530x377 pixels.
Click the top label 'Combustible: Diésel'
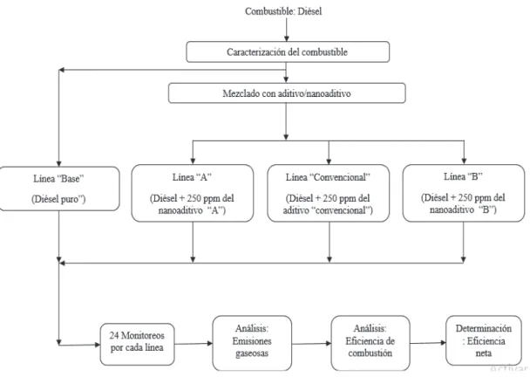pyautogui.click(x=283, y=11)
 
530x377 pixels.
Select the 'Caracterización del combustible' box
pyautogui.click(x=288, y=51)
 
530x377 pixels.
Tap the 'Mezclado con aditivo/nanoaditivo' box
pyautogui.click(x=287, y=93)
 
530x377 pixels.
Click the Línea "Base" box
pyautogui.click(x=59, y=188)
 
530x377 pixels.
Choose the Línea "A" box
pyautogui.click(x=193, y=193)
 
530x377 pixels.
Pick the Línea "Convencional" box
pyautogui.click(x=329, y=193)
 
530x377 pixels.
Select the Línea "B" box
pyautogui.click(x=464, y=193)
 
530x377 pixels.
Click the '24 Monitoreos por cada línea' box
pyautogui.click(x=137, y=344)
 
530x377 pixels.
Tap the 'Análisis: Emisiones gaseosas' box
pyautogui.click(x=252, y=343)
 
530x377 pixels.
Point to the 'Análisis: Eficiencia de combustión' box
pyautogui.click(x=370, y=343)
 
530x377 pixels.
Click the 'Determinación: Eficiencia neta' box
pyautogui.click(x=484, y=341)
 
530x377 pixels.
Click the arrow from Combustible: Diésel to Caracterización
pyautogui.click(x=286, y=30)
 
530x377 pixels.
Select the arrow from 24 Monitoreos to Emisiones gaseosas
pyautogui.click(x=194, y=344)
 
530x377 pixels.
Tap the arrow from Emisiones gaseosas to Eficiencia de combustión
pyautogui.click(x=311, y=344)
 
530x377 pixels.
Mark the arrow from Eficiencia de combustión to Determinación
pyautogui.click(x=428, y=343)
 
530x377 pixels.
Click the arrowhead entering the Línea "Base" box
pyautogui.click(x=59, y=163)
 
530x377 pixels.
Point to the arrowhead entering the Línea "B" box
pyautogui.click(x=464, y=161)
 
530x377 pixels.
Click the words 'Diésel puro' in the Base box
pyautogui.click(x=58, y=199)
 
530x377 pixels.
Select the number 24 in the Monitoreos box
pyautogui.click(x=114, y=335)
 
